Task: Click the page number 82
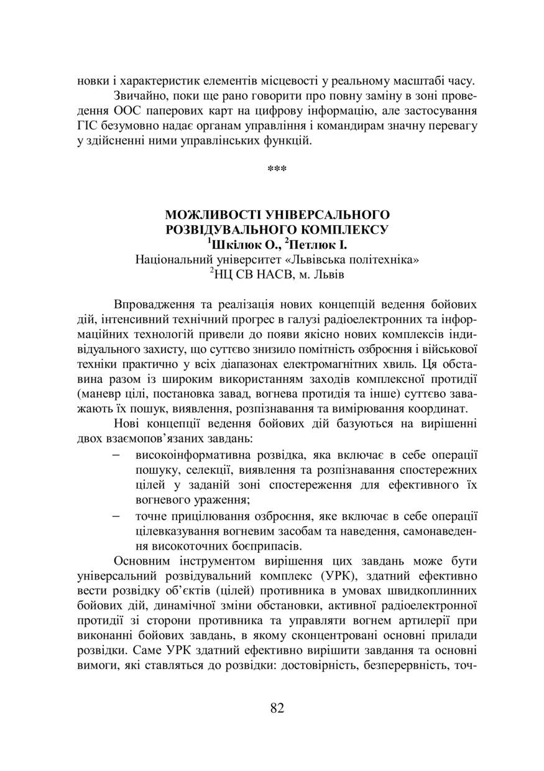pos(277,708)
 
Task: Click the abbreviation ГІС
pos(87,127)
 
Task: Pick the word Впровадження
pos(155,305)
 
